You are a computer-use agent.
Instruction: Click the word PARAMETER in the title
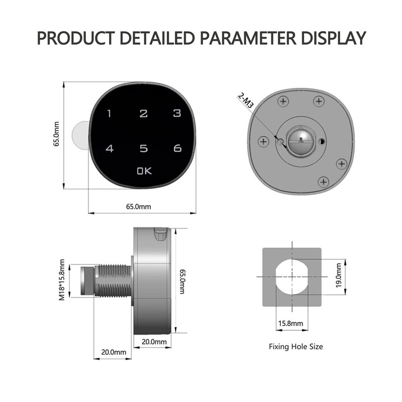point(248,38)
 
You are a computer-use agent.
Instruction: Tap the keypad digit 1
point(110,114)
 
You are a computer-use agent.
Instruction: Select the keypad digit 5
point(144,148)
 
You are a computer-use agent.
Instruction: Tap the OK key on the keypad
point(144,171)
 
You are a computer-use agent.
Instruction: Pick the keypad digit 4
point(110,148)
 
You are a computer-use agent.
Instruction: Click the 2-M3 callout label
point(246,100)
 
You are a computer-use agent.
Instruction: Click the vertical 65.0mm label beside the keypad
point(56,134)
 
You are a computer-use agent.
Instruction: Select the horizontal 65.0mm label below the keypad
point(139,207)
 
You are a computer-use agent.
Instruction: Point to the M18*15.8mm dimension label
point(62,280)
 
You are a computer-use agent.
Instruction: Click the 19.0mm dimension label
point(338,275)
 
